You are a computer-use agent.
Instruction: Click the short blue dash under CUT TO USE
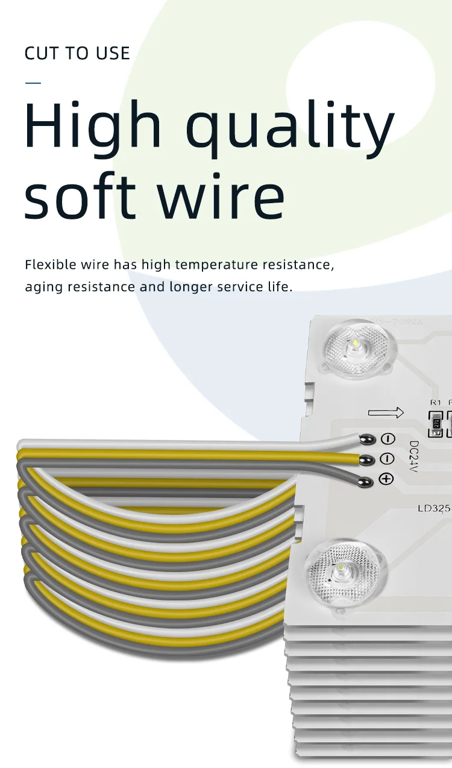click(x=33, y=83)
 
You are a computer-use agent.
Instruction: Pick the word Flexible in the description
click(x=51, y=265)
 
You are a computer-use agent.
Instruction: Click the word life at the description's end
click(x=279, y=286)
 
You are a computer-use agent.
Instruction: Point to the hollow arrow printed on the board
click(x=386, y=413)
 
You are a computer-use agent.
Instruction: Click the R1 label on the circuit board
click(x=435, y=402)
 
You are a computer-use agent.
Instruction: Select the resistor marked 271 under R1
click(x=436, y=424)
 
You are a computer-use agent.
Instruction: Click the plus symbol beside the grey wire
click(x=386, y=479)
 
